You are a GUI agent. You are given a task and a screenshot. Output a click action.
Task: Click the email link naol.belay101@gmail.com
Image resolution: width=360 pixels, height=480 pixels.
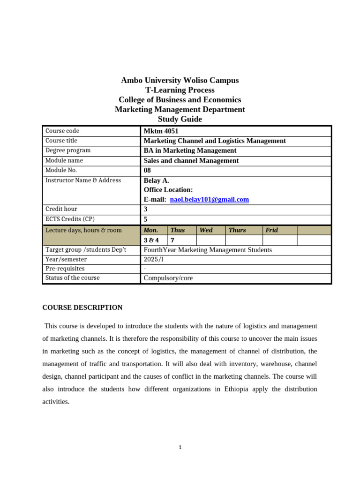click(x=209, y=200)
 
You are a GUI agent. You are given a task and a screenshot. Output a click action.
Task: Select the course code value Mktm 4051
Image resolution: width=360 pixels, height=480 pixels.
click(x=161, y=131)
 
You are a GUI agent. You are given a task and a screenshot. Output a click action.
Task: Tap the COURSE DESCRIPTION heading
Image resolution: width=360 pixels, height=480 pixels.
click(x=82, y=307)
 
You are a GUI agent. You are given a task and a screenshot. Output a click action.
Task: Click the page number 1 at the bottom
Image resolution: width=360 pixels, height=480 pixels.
click(x=180, y=448)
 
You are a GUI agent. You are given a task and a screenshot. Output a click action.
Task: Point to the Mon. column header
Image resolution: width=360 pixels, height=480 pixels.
click(x=150, y=230)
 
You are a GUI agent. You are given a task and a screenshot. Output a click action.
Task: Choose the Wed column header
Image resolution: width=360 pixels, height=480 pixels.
click(x=206, y=230)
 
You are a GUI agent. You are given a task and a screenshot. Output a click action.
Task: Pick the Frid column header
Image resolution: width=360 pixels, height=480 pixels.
click(x=271, y=230)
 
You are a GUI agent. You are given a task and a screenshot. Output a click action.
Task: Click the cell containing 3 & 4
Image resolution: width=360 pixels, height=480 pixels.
click(x=151, y=240)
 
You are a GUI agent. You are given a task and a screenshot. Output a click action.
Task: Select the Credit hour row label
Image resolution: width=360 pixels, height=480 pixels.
click(x=61, y=209)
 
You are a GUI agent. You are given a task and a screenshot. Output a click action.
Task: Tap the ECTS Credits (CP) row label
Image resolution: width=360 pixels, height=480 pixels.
click(x=70, y=219)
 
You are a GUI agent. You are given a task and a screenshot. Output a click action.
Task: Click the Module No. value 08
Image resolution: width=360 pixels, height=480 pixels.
click(x=148, y=171)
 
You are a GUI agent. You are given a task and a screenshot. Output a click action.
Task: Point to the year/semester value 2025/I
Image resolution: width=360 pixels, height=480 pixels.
click(x=154, y=259)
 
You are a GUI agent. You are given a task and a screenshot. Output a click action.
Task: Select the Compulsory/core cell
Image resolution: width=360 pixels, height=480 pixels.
click(x=168, y=278)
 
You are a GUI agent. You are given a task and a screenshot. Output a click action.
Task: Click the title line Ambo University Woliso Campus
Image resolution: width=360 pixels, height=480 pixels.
click(x=180, y=80)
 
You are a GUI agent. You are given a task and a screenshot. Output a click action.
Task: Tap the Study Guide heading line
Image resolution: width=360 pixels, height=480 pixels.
click(x=180, y=119)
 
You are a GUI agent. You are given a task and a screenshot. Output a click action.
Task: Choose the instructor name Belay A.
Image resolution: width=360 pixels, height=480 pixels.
click(x=156, y=180)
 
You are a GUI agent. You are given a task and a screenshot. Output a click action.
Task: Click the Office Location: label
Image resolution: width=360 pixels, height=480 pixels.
click(x=168, y=190)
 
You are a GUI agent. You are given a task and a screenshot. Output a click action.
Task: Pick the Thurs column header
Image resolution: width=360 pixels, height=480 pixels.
click(x=237, y=230)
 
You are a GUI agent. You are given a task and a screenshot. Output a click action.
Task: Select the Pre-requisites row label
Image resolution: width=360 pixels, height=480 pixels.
click(x=65, y=269)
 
